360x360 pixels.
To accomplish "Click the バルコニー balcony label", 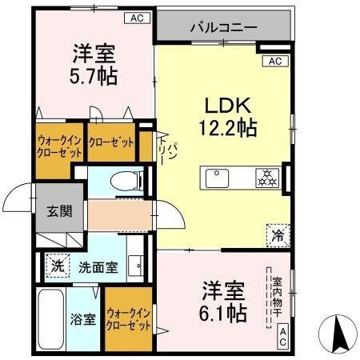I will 223,27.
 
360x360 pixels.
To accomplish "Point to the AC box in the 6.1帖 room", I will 284,338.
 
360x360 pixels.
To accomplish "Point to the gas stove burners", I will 266,178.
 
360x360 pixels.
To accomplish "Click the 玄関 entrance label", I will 59,211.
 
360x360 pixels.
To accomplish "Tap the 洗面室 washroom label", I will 98,268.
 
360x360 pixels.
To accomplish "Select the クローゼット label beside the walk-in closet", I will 112,143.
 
